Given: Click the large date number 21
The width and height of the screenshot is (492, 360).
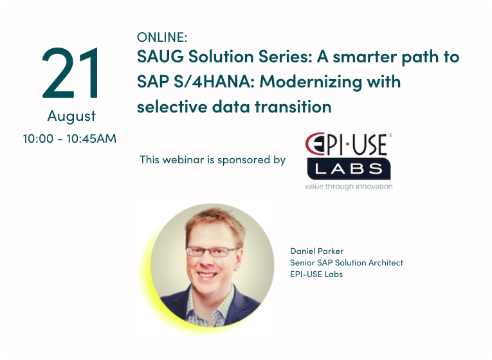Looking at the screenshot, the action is pyautogui.click(x=70, y=73).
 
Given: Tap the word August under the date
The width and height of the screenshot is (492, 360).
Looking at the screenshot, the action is pyautogui.click(x=71, y=116).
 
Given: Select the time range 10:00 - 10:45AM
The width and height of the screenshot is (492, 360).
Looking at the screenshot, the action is pyautogui.click(x=69, y=139).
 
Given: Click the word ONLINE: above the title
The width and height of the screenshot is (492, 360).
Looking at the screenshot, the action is pyautogui.click(x=162, y=37).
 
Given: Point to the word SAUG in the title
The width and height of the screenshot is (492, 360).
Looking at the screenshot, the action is pyautogui.click(x=160, y=57).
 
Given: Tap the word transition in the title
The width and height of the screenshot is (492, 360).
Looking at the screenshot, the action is pyautogui.click(x=293, y=107).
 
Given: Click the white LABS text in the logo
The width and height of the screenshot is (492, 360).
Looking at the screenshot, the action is pyautogui.click(x=349, y=169).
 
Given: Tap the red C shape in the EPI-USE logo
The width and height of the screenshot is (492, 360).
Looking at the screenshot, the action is pyautogui.click(x=312, y=143).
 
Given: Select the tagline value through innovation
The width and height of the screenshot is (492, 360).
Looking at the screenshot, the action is pyautogui.click(x=349, y=186).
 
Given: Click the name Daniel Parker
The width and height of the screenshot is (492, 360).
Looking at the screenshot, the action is pyautogui.click(x=316, y=251).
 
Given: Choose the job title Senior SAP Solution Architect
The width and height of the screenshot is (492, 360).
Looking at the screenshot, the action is pyautogui.click(x=347, y=262).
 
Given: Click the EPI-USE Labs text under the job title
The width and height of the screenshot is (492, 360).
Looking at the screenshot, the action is pyautogui.click(x=316, y=274).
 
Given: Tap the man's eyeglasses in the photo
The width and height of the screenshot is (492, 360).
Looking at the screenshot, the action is pyautogui.click(x=211, y=251).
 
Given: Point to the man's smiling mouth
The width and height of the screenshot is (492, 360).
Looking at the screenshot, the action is pyautogui.click(x=206, y=274).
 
